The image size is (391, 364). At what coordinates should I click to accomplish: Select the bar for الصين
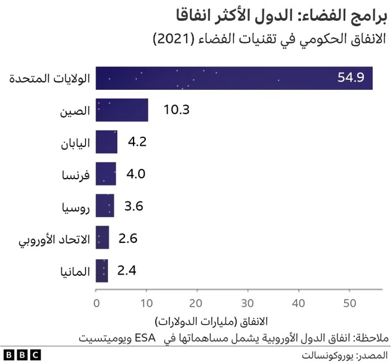click(x=122, y=110)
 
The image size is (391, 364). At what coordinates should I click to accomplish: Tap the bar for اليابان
click(x=107, y=142)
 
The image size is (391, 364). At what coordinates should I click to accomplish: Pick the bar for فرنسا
click(x=106, y=174)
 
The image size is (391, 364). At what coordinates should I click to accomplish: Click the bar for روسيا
click(x=105, y=205)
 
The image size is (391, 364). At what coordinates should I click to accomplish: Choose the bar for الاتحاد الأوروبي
click(x=103, y=238)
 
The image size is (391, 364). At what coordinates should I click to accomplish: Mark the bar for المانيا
click(x=102, y=270)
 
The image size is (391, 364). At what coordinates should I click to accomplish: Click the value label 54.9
click(x=351, y=78)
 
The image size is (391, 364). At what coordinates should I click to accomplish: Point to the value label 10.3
click(x=177, y=110)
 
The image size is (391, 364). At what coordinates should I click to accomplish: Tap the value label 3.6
click(x=134, y=206)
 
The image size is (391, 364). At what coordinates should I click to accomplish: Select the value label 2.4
click(x=127, y=271)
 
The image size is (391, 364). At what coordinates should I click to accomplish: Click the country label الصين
click(x=75, y=111)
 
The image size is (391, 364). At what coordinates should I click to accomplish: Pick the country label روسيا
click(x=75, y=207)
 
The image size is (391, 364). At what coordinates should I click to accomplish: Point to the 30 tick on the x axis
click(x=248, y=304)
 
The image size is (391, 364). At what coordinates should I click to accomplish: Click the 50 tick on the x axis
click(x=349, y=304)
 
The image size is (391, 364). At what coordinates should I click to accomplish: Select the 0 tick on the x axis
click(x=97, y=304)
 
